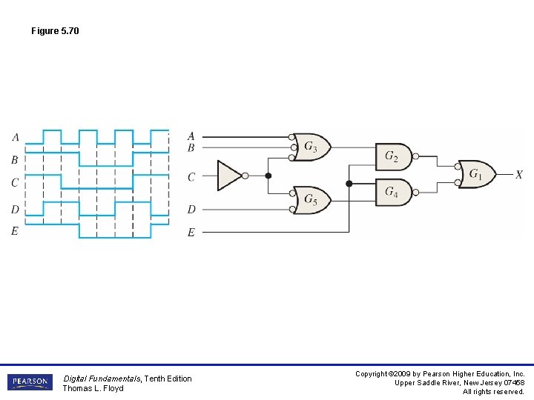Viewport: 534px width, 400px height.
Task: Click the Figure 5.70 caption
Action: pos(55,31)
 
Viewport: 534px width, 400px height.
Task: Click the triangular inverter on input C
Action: pos(229,176)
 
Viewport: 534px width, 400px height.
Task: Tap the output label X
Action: pos(518,175)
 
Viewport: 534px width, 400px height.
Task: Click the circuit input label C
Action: pos(191,177)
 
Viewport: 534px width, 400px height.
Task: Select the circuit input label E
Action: pos(191,233)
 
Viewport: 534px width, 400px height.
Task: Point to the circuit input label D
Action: pos(191,210)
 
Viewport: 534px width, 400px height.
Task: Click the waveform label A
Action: pos(16,137)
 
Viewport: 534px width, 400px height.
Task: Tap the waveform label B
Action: pos(15,160)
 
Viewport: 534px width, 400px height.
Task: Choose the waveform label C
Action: pos(15,182)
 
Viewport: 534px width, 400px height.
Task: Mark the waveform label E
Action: pos(15,231)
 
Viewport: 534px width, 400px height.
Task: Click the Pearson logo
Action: pos(30,382)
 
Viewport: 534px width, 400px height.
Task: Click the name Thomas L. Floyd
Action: pos(93,388)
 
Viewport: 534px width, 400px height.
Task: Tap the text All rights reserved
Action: pos(493,392)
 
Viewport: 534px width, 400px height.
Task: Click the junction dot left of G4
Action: pos(349,183)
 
